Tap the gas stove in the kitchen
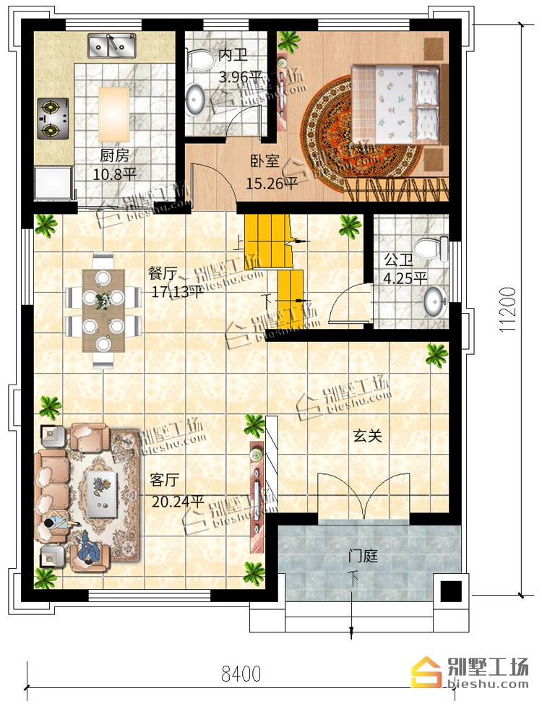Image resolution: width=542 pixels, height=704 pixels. click(x=53, y=119)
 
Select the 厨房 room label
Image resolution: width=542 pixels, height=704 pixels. click(x=114, y=156)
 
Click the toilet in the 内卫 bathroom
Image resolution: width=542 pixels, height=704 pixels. click(x=200, y=59)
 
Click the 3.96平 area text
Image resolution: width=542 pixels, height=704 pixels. click(x=240, y=77)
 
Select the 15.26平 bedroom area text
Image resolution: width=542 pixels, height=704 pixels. click(x=271, y=183)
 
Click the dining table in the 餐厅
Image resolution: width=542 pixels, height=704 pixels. click(x=104, y=310)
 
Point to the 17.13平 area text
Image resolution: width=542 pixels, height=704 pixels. click(x=177, y=292)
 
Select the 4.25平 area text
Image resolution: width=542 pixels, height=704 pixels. click(x=405, y=278)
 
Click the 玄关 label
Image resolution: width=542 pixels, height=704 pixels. click(x=367, y=435)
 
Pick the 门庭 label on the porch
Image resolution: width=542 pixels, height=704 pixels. click(x=363, y=556)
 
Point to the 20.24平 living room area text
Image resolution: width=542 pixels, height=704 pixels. click(x=178, y=501)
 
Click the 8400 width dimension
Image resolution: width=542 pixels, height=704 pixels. click(x=241, y=674)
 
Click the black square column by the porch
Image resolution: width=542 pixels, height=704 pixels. click(x=451, y=591)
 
